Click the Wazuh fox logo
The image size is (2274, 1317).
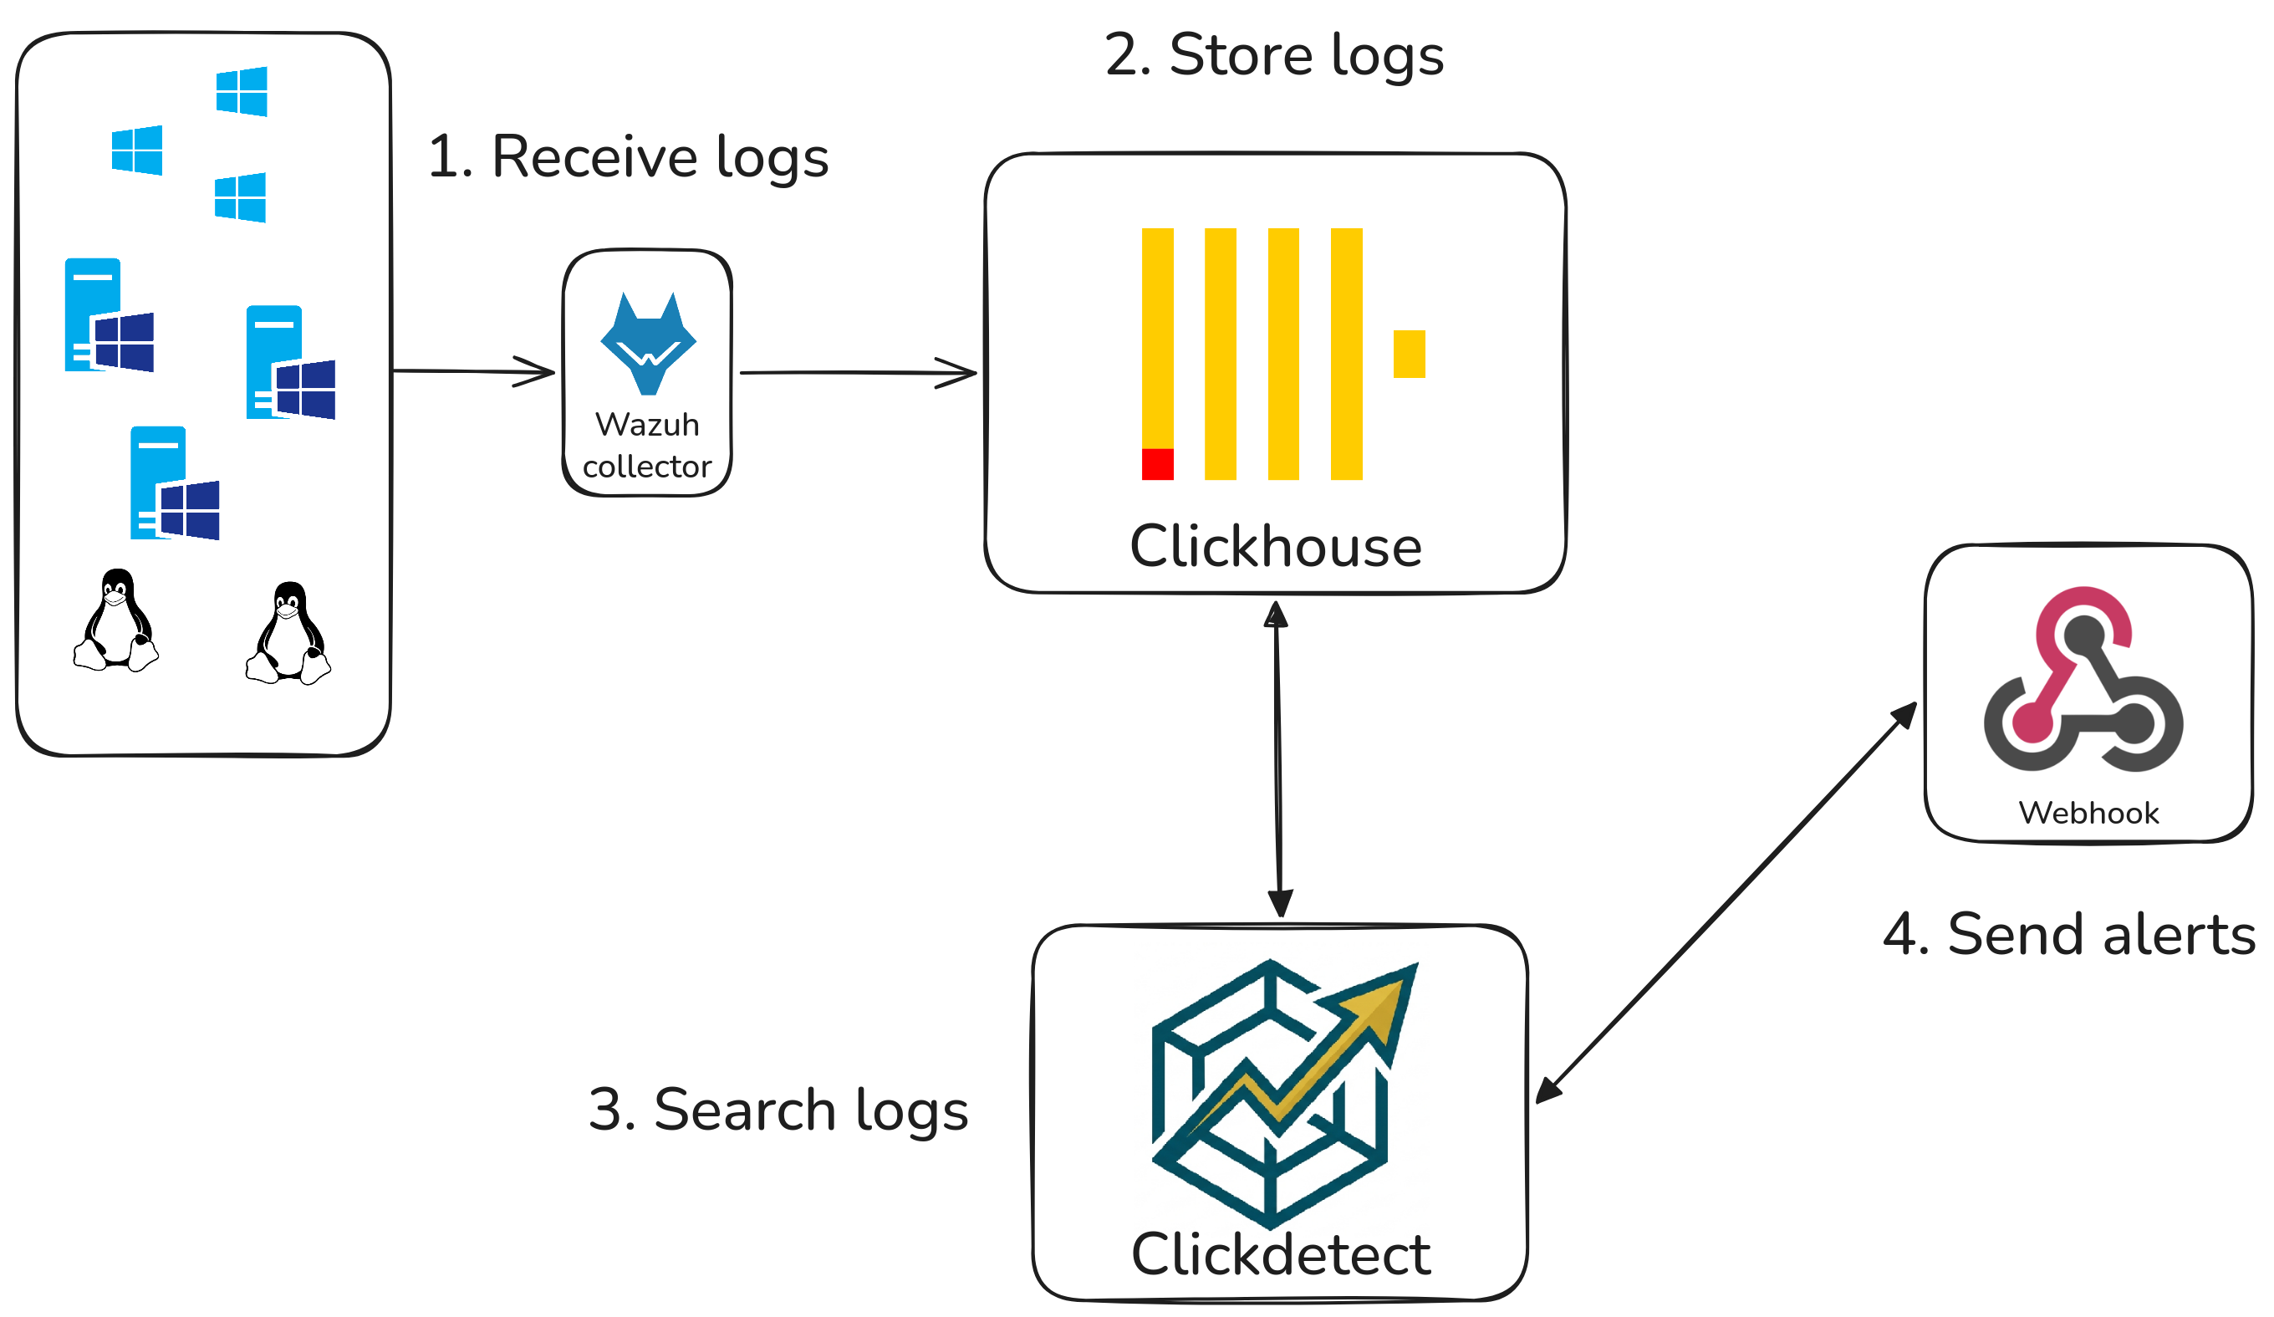tap(648, 343)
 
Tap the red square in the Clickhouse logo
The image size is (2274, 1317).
tap(1158, 464)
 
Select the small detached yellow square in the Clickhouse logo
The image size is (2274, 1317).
tap(1409, 354)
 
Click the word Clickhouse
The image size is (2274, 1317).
tap(1275, 547)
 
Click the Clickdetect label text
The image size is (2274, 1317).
tap(1281, 1255)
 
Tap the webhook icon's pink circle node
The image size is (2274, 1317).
tap(2034, 723)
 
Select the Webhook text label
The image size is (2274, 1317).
tap(2088, 814)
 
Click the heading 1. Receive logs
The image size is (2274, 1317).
tap(628, 157)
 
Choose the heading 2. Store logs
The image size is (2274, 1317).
tap(1274, 55)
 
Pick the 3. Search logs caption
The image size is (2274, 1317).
tap(778, 1110)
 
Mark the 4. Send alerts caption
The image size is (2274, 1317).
tap(2068, 934)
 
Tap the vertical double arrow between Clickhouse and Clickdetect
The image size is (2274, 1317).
tap(1277, 758)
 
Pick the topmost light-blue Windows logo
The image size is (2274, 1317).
tap(242, 91)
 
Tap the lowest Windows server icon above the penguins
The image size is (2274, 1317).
tap(174, 484)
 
